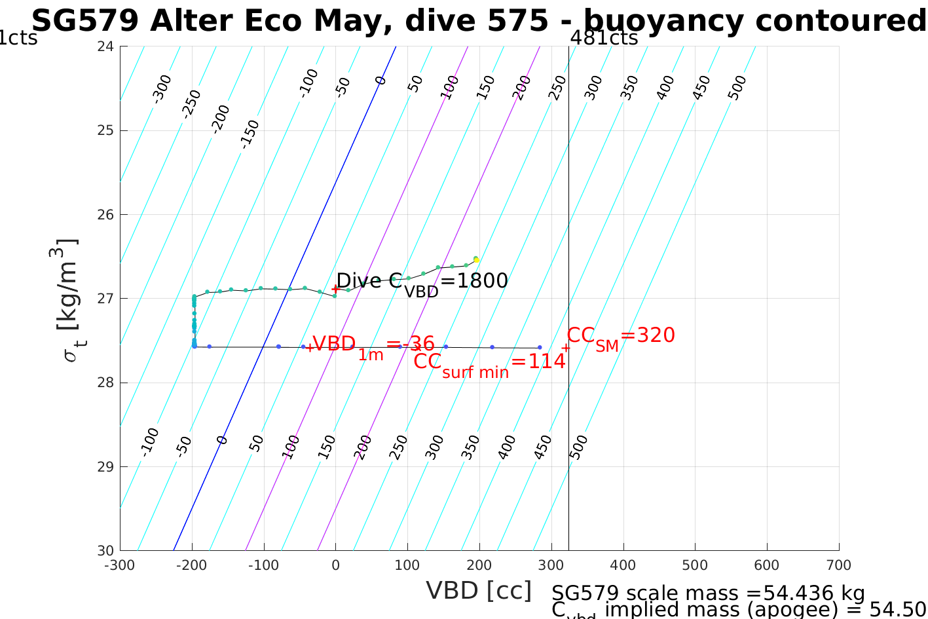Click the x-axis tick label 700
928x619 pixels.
click(838, 565)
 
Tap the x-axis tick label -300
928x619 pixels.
click(119, 565)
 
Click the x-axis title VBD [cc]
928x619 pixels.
click(479, 591)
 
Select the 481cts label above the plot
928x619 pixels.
click(604, 38)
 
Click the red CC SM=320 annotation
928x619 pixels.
click(620, 337)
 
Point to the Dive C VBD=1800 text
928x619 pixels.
click(422, 282)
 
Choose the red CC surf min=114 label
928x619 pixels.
click(489, 363)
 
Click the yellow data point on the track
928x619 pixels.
click(476, 260)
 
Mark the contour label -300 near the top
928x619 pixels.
click(162, 89)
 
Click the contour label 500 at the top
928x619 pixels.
click(737, 87)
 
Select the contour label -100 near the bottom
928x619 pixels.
click(150, 441)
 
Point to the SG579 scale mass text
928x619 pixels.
click(708, 593)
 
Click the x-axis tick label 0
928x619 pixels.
click(335, 565)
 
